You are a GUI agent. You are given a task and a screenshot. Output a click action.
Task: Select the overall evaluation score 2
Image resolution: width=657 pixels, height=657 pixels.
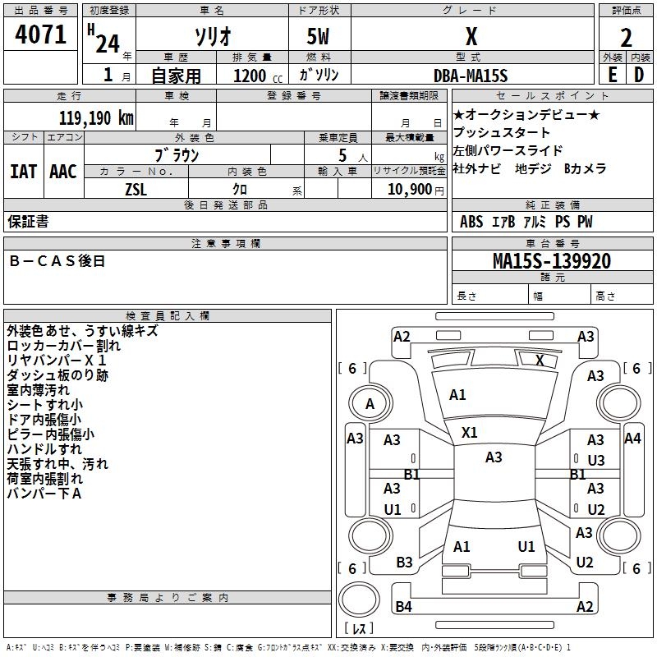click(x=626, y=37)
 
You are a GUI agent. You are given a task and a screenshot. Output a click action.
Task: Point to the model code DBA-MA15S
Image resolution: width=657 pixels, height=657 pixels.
click(x=471, y=76)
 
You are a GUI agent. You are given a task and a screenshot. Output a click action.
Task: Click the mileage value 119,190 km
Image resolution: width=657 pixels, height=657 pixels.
click(x=96, y=117)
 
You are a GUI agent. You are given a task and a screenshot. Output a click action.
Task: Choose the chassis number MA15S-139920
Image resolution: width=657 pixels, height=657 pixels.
click(x=551, y=261)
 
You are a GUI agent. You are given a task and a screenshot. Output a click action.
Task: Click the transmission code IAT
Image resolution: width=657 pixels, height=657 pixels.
click(x=23, y=172)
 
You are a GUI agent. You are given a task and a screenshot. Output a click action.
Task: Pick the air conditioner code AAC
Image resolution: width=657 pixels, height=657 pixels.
click(x=63, y=172)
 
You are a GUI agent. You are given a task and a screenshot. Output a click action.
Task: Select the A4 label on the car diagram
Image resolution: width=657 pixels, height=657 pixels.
click(x=632, y=439)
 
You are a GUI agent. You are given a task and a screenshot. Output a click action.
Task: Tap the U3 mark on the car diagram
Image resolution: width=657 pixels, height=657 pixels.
click(x=596, y=460)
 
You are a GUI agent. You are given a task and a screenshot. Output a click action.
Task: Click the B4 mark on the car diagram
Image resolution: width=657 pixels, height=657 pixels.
click(x=403, y=607)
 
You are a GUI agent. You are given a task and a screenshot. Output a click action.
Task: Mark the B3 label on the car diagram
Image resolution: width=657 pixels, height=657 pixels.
click(x=404, y=563)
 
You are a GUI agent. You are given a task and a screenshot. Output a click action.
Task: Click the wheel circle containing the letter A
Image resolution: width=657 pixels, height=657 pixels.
click(x=370, y=403)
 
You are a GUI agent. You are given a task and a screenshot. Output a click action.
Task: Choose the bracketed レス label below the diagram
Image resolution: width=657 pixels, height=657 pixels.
click(x=359, y=630)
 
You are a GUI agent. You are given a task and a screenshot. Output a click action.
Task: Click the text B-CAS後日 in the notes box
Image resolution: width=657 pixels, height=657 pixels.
click(x=57, y=261)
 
